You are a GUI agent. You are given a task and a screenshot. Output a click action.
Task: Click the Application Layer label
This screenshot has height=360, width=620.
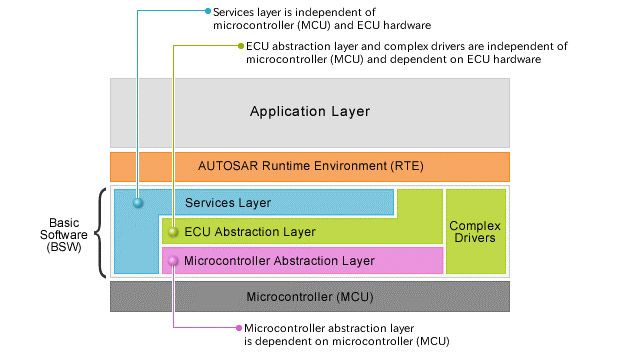click(309, 111)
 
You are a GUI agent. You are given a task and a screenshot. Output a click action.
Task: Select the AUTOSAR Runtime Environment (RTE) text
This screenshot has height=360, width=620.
click(309, 167)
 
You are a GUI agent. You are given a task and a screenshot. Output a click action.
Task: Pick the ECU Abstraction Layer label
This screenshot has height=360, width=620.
click(250, 232)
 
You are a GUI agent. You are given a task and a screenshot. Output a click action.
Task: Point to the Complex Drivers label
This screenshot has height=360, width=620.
click(475, 232)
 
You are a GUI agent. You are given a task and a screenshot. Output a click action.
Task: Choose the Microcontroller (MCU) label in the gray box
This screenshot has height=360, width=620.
click(309, 297)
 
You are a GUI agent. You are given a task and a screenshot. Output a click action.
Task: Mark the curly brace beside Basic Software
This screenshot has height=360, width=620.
click(102, 232)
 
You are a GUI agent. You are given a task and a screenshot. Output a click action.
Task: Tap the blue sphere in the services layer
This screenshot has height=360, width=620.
click(138, 203)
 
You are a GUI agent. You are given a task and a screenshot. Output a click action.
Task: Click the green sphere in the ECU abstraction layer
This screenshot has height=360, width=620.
click(174, 232)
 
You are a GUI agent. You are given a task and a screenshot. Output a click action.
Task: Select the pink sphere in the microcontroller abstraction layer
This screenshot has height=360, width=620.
click(174, 261)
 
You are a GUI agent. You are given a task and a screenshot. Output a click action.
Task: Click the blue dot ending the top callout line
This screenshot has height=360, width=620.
click(207, 12)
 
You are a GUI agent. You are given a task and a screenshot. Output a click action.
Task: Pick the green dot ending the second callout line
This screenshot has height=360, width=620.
click(238, 46)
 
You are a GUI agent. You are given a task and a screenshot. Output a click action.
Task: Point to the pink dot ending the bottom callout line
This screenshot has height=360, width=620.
click(238, 327)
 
